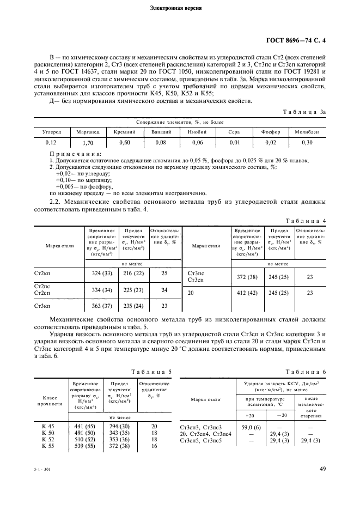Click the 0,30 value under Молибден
click(308, 143)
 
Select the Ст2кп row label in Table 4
click(42, 272)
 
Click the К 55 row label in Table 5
click(48, 445)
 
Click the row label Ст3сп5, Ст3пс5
click(201, 440)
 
